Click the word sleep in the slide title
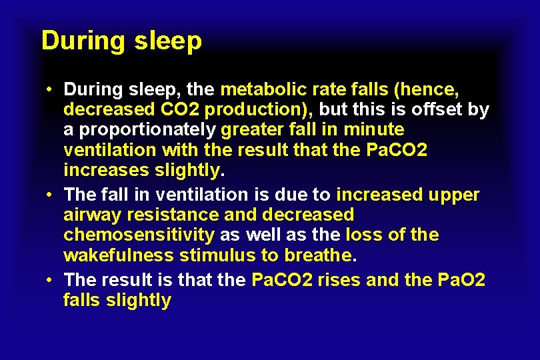[167, 41]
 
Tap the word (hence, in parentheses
[427, 89]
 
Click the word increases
[105, 169]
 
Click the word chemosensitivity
[139, 235]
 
